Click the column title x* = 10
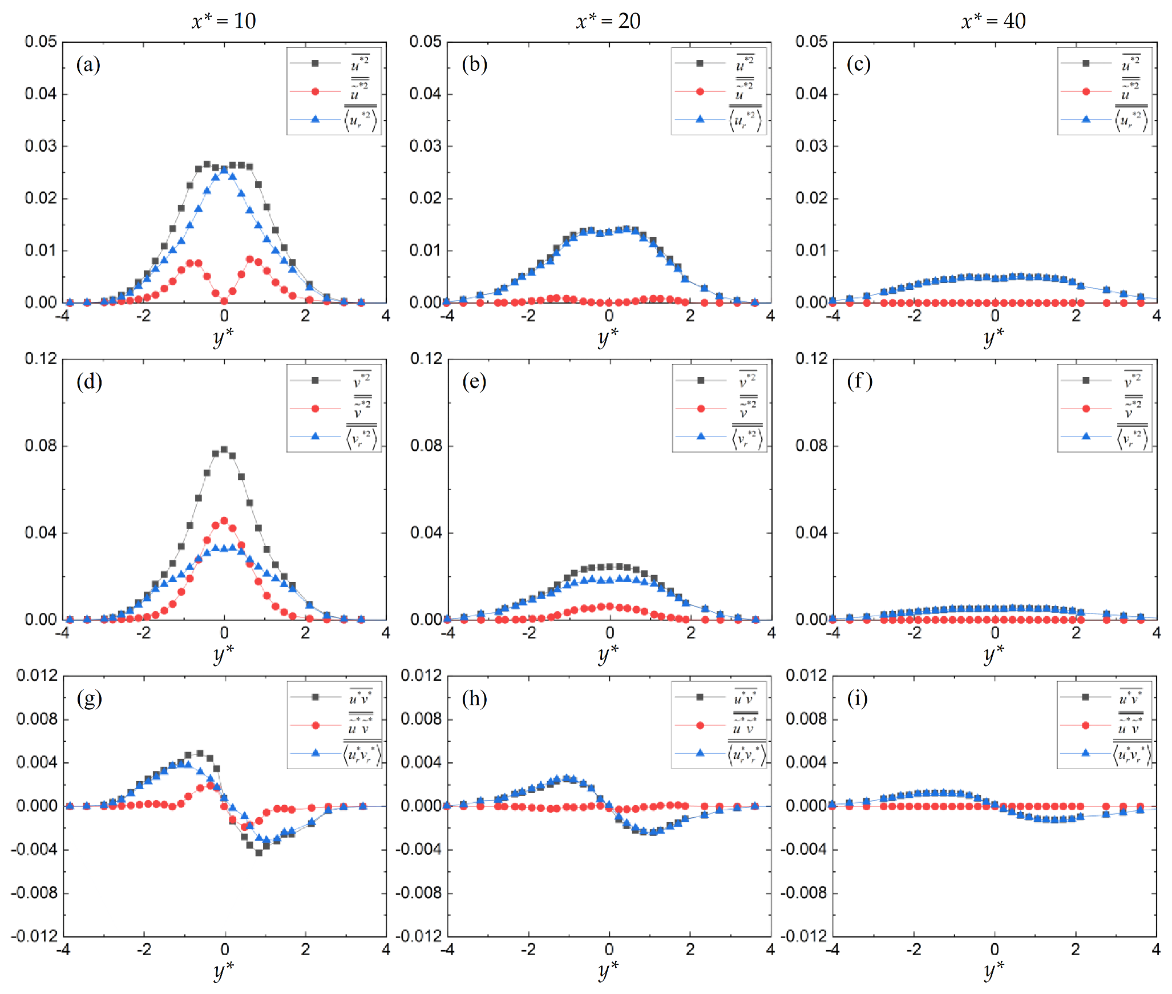[x=224, y=21]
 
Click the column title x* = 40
[x=993, y=21]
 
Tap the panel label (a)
[x=88, y=64]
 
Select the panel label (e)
[x=474, y=381]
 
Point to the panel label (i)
[x=858, y=698]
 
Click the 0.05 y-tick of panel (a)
[x=41, y=42]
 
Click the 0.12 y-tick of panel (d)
[x=41, y=358]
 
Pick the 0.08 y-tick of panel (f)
[x=811, y=446]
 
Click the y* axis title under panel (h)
[x=608, y=969]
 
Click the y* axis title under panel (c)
[x=993, y=337]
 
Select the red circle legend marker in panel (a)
[x=315, y=91]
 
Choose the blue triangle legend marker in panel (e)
[x=701, y=436]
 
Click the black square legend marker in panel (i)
[x=1085, y=697]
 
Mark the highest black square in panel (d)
[x=224, y=449]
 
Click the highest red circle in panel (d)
[x=224, y=520]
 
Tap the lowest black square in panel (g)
[x=258, y=852]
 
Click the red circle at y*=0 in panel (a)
[x=224, y=301]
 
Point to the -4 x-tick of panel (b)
[x=447, y=316]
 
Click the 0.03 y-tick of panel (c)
[x=811, y=146]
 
